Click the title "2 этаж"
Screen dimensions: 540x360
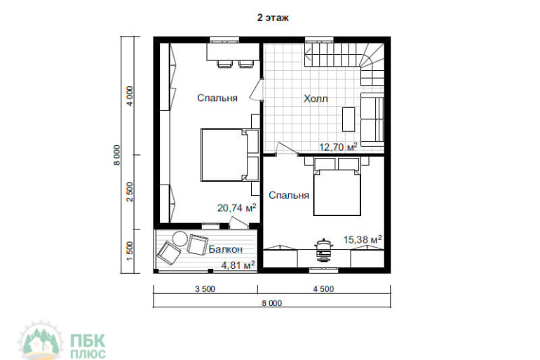pos(273,18)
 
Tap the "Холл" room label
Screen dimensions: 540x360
pos(316,99)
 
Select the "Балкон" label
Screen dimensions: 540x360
pos(226,249)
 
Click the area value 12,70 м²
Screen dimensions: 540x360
pos(338,147)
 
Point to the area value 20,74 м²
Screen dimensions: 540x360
pos(236,208)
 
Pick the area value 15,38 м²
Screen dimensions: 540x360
pos(363,239)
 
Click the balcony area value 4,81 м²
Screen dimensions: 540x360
pos(238,265)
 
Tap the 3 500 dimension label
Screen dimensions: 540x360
pos(205,289)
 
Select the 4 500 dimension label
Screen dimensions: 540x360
pos(323,289)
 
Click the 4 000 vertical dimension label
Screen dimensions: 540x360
pos(130,96)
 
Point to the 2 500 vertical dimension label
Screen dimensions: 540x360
pos(130,192)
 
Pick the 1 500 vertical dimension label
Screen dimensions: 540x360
pos(130,251)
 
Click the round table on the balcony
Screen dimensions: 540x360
pos(180,239)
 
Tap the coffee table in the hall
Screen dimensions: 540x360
pos(349,119)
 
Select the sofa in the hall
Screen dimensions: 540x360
pos(372,119)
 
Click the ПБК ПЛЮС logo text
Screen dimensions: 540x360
pos(88,345)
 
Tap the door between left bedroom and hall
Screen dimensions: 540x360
pos(257,91)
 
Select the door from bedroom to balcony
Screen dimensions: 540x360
pos(238,222)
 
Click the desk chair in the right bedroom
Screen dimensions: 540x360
pos(324,251)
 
